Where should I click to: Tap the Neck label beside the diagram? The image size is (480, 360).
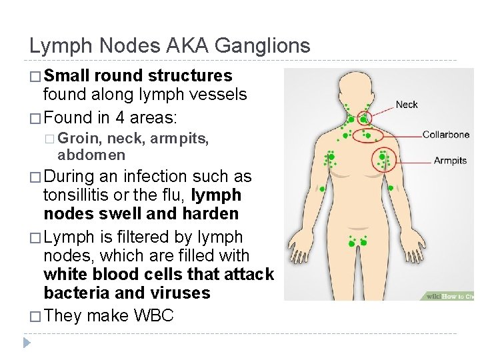[x=407, y=105]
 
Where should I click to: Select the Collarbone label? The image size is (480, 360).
[x=445, y=135]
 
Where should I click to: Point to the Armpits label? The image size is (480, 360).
[x=450, y=161]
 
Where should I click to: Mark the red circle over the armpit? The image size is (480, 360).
[x=385, y=161]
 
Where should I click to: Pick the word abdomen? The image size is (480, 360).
[x=91, y=155]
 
